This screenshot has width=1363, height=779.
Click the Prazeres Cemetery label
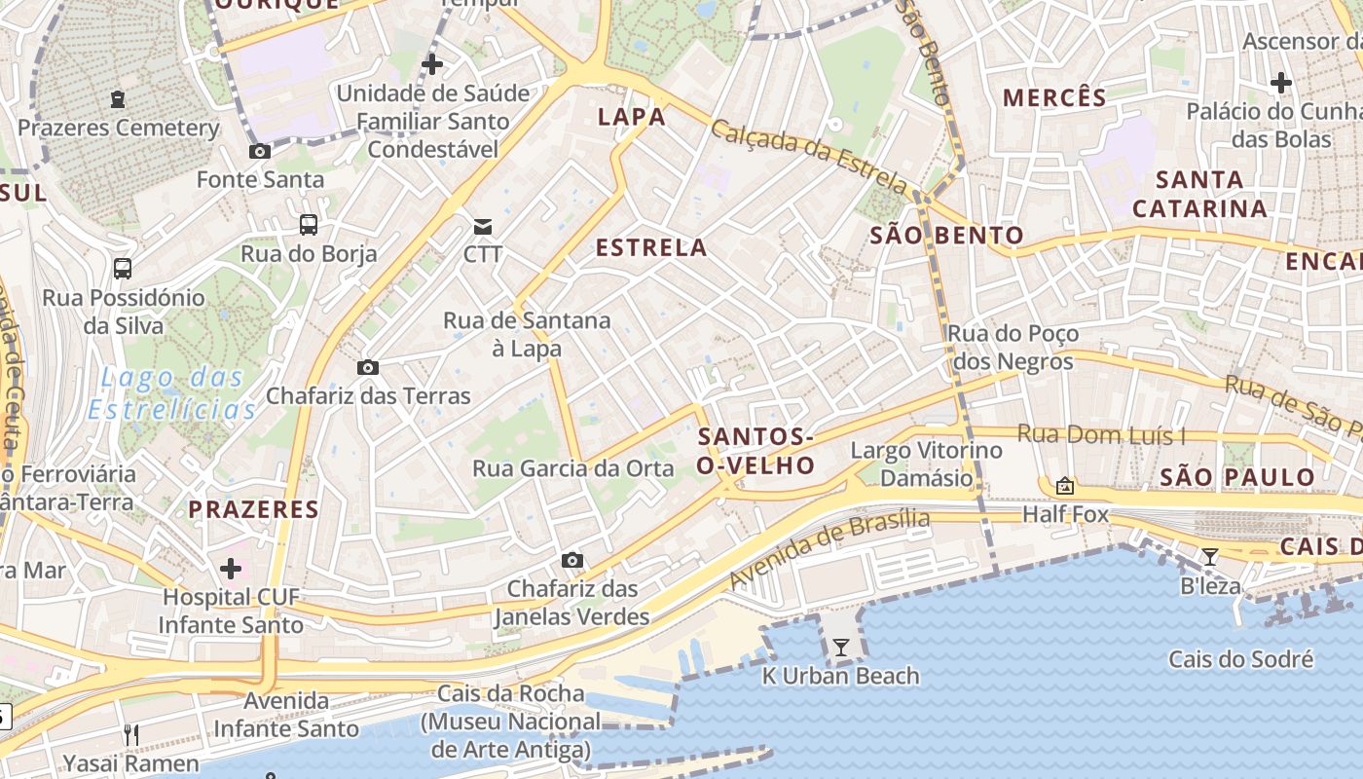(x=119, y=128)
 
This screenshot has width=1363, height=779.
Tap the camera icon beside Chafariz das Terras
(x=368, y=367)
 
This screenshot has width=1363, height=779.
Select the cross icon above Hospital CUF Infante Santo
(x=231, y=568)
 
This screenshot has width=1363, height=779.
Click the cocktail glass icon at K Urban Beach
(x=840, y=648)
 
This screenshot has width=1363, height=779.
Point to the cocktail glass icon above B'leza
(x=1209, y=557)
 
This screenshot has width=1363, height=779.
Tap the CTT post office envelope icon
(x=483, y=227)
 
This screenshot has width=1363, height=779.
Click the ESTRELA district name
(x=651, y=247)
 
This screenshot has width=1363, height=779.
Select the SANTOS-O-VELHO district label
(x=755, y=451)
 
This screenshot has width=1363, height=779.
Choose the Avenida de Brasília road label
(x=829, y=549)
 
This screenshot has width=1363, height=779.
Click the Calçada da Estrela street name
(x=808, y=155)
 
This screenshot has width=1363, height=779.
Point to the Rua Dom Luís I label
(x=1101, y=434)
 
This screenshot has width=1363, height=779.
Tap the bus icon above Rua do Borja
(x=309, y=225)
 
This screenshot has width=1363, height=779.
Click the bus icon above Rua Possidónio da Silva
(x=123, y=268)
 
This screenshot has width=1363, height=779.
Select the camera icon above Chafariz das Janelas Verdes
(x=572, y=560)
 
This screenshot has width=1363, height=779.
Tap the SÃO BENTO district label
(x=946, y=235)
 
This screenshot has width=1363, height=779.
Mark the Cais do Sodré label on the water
(x=1240, y=659)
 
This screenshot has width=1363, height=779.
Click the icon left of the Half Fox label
(x=1065, y=485)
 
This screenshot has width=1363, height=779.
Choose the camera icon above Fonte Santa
(x=260, y=151)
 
